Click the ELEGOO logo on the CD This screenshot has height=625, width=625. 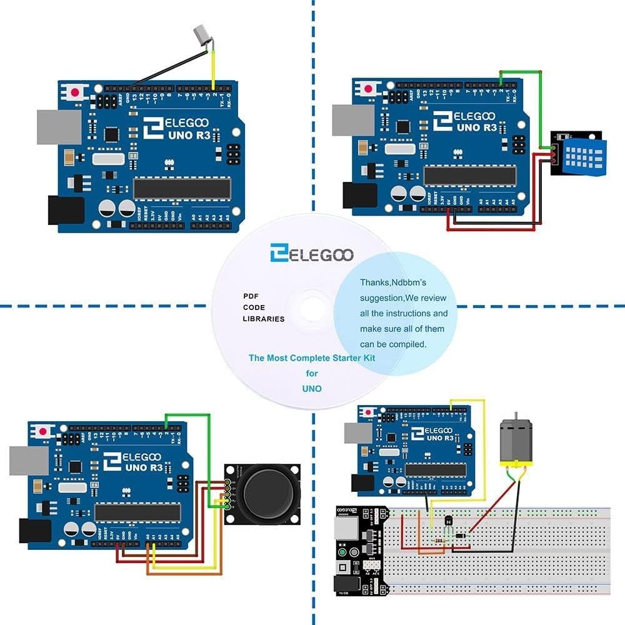tap(311, 254)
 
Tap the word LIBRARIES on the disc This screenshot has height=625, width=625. tap(263, 319)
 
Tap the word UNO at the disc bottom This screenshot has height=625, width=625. tap(311, 389)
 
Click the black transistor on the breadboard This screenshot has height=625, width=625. tap(448, 520)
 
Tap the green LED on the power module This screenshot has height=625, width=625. tap(342, 553)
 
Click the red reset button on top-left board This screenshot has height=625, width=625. tap(76, 92)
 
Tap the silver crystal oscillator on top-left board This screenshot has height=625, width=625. tap(108, 159)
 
